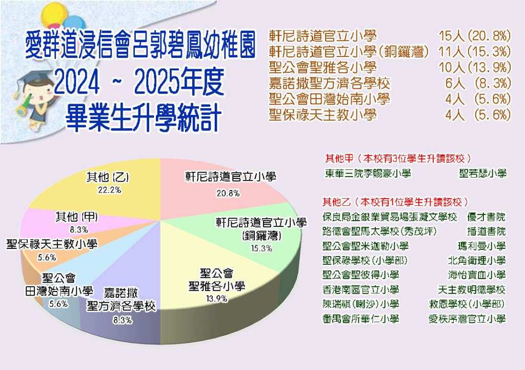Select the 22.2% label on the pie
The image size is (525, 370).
coord(110,190)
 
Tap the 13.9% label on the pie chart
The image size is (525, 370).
coord(217,298)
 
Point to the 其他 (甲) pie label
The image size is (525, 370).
coord(77,217)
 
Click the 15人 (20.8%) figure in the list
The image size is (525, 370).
coord(475,36)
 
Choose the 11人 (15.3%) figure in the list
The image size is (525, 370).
coord(475,52)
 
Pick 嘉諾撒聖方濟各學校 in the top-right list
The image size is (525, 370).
coord(330,83)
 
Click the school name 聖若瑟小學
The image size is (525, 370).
coord(482,173)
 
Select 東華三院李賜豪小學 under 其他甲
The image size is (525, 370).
coord(368,173)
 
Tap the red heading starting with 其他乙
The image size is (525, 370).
coord(395,202)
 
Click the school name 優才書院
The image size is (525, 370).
coord(486,217)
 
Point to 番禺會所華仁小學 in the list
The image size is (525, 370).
coord(360,318)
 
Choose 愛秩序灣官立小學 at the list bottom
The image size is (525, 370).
coord(467,318)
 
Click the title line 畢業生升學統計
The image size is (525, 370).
coord(144,118)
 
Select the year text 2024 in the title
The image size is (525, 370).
coord(77,83)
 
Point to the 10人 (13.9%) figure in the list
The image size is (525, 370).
coord(475,67)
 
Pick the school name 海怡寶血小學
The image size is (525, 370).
coord(477,275)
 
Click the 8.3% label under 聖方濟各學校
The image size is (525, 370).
coord(122,320)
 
